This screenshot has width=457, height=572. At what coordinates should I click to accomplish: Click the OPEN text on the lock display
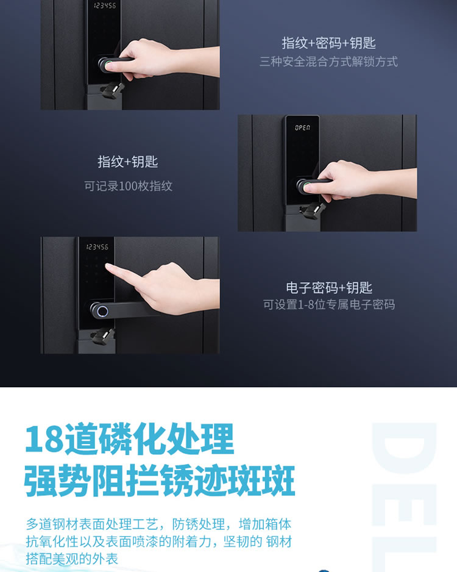tap(302, 127)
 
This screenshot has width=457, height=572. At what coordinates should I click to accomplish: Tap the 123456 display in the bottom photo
tap(97, 247)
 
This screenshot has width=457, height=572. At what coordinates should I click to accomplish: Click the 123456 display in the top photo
tap(105, 5)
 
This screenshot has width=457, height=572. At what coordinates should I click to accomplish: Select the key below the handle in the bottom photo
tap(103, 337)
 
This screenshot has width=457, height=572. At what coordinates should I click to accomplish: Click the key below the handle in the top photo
tap(113, 90)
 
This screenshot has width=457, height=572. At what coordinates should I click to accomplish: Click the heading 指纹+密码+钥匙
tap(328, 43)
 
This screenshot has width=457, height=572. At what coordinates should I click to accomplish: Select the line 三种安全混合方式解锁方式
tap(328, 61)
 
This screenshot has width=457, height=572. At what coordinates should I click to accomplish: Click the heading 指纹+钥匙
tap(127, 162)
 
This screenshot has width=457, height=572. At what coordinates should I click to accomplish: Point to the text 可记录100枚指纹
tap(129, 186)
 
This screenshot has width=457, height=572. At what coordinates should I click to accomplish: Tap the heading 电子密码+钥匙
tap(328, 288)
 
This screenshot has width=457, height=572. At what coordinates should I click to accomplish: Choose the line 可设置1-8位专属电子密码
tap(328, 305)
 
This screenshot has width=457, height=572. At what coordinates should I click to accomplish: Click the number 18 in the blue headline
tap(44, 438)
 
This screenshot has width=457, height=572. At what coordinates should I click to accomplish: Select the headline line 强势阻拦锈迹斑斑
tap(160, 480)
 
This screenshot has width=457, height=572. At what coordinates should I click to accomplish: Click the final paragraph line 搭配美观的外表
tap(72, 559)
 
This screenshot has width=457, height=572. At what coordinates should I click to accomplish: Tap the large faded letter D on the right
tap(404, 448)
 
